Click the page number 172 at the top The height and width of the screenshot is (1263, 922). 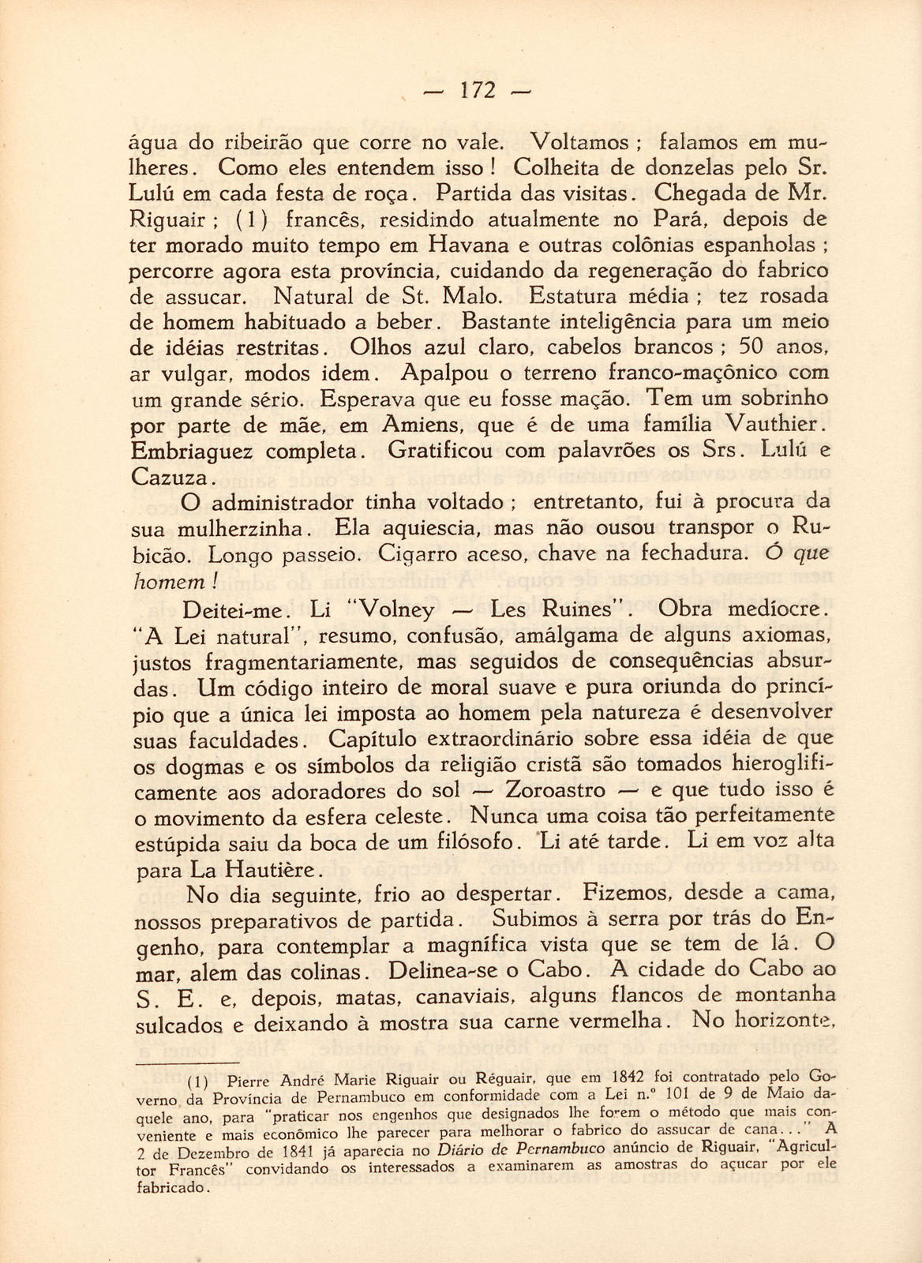477,91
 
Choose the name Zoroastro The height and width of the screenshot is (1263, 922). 555,790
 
